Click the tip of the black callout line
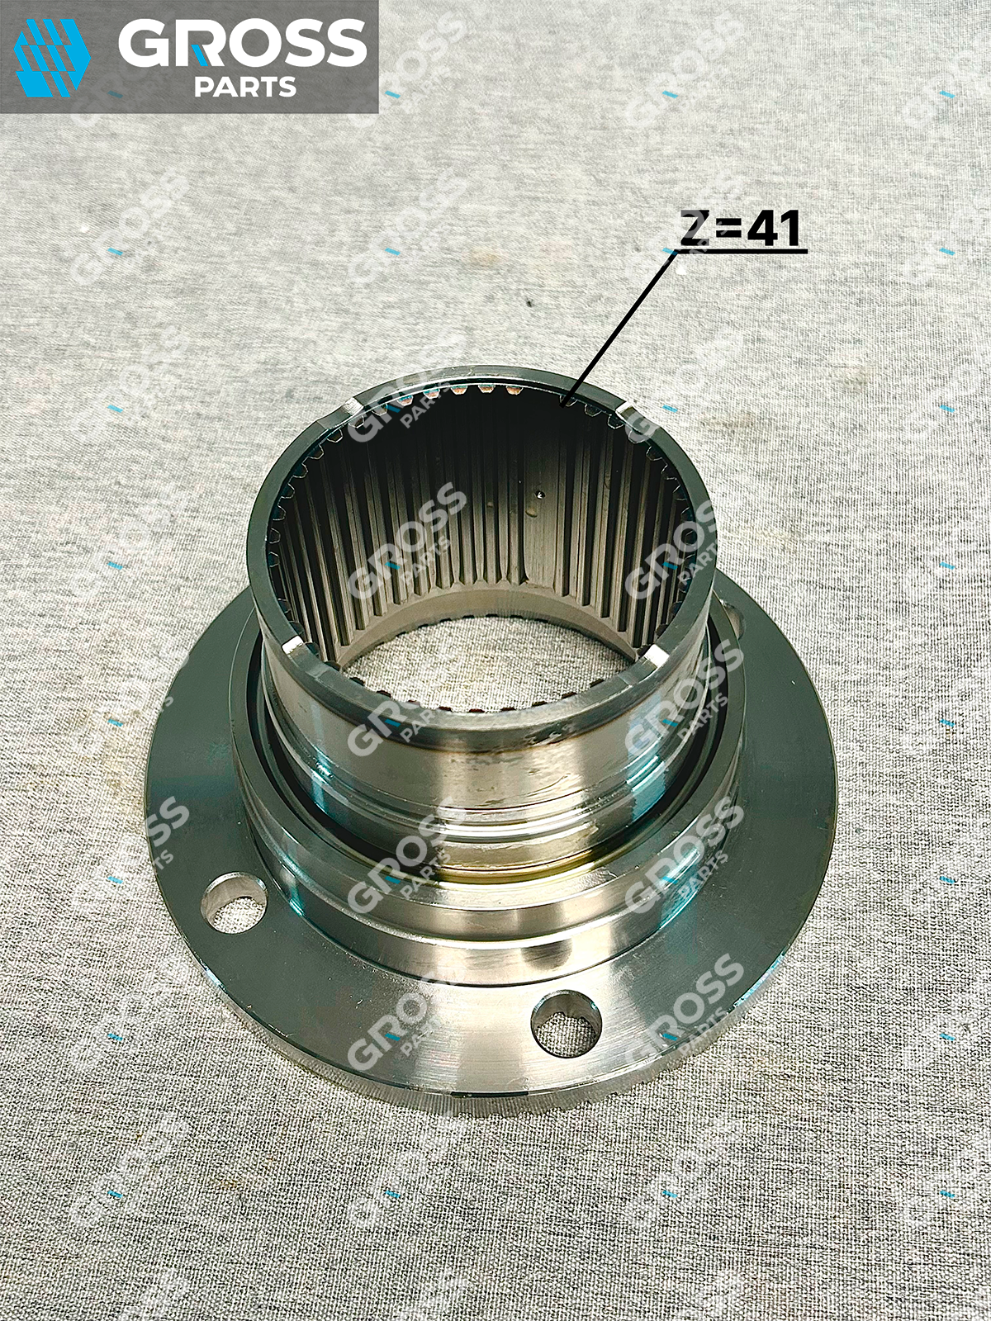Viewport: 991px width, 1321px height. [562, 407]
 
